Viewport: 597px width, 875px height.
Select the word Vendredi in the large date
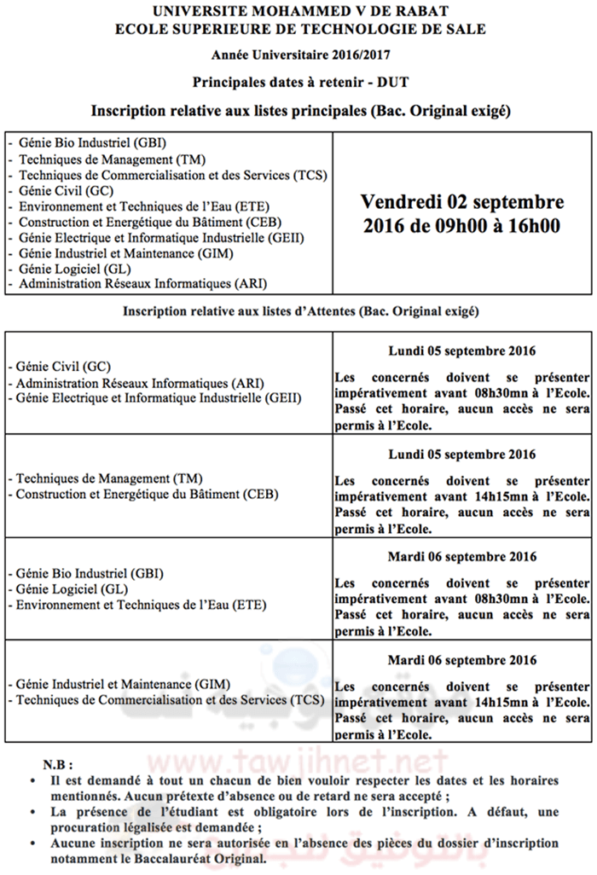pyautogui.click(x=399, y=202)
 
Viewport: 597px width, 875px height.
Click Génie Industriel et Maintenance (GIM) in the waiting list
pyautogui.click(x=119, y=683)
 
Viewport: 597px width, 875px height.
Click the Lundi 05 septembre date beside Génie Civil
pyautogui.click(x=461, y=351)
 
